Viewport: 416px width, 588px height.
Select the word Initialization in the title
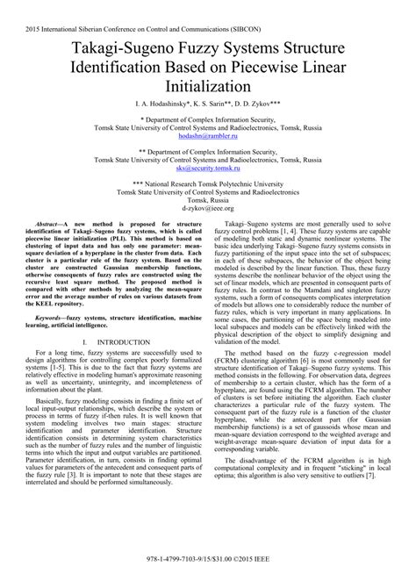click(x=208, y=88)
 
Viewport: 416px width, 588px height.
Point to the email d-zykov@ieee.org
click(x=208, y=235)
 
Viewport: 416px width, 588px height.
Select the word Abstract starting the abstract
click(x=55, y=250)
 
